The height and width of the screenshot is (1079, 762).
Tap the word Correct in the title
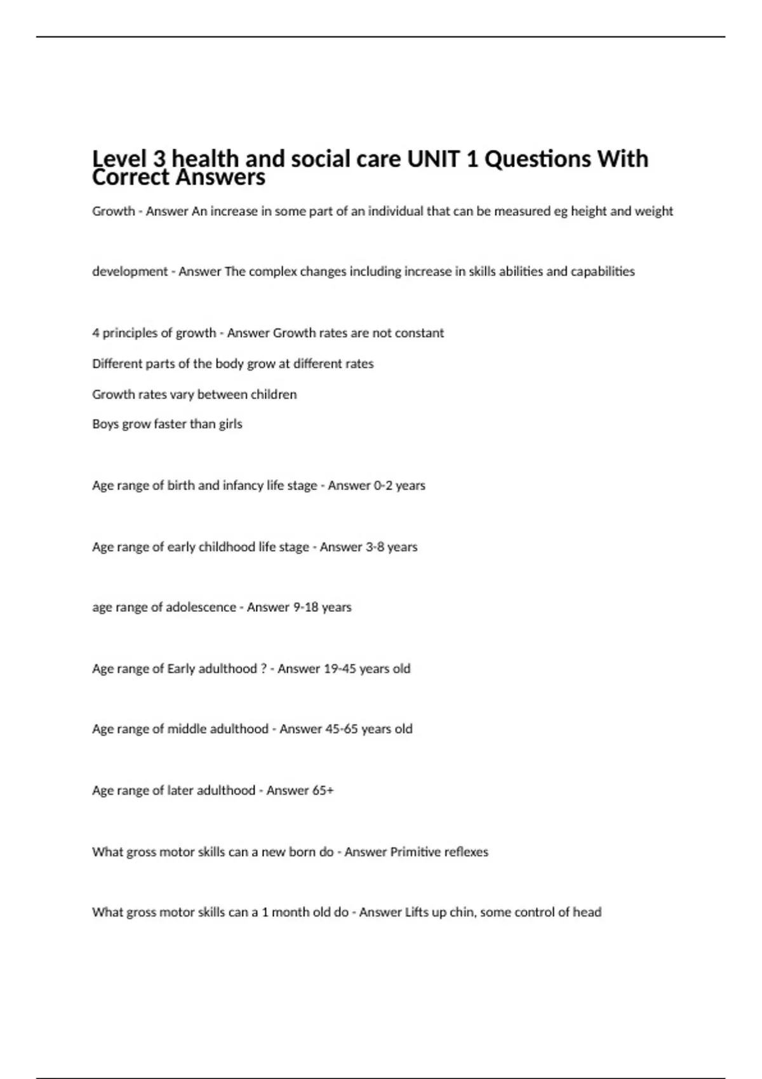pos(130,177)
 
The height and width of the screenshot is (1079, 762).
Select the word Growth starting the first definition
pos(114,211)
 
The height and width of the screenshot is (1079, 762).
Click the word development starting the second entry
pos(130,272)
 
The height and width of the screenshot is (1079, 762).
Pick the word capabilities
pos(603,272)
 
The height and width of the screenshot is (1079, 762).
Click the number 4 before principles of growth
pos(96,333)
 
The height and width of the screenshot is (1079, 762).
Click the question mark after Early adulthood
pos(264,669)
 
